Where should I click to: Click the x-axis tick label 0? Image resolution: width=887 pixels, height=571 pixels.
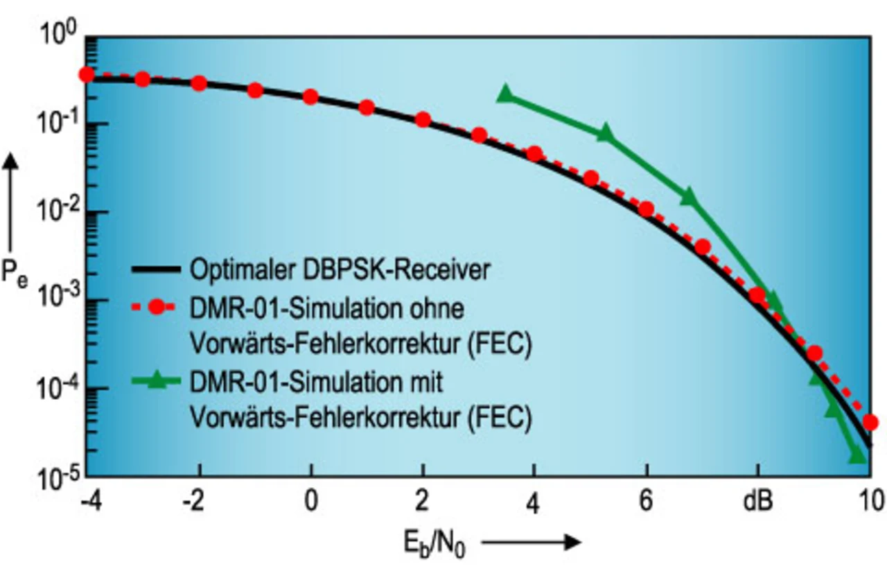311,502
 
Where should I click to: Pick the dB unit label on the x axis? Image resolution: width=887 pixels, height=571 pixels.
757,502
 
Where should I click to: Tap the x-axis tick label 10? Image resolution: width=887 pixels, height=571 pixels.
869,502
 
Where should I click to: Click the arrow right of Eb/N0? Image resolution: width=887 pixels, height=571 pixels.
530,541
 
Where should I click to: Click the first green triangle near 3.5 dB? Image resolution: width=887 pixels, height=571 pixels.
505,94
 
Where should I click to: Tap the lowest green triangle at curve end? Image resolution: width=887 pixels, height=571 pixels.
858,455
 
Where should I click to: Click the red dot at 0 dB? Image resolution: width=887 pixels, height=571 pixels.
311,97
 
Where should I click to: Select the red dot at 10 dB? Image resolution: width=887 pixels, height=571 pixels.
871,422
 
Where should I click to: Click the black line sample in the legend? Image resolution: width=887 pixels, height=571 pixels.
156,270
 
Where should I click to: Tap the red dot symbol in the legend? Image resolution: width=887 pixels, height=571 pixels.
157,309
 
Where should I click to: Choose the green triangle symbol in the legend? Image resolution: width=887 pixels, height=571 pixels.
157,381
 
